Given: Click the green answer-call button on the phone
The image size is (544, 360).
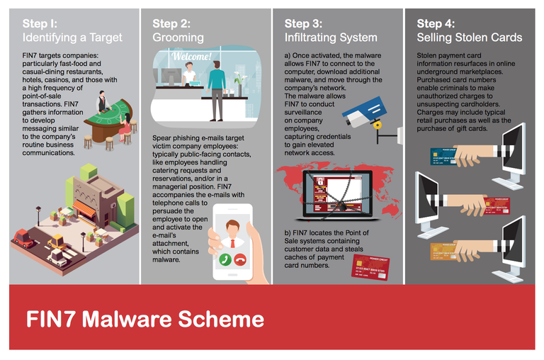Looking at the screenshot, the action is click(x=225, y=259).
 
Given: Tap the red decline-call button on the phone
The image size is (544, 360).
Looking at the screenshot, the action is click(x=240, y=259).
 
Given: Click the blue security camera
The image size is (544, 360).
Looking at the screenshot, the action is click(x=364, y=112).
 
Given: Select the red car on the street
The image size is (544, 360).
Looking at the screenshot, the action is click(x=23, y=238).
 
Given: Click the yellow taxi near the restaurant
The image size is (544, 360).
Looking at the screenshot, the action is click(x=57, y=242).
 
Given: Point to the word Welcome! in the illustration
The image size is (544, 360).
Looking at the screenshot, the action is click(x=191, y=56).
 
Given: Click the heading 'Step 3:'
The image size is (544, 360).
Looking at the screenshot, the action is click(x=303, y=23).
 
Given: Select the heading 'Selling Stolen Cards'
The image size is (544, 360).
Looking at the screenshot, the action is click(x=470, y=38).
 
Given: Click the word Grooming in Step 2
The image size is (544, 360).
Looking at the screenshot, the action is click(x=178, y=38).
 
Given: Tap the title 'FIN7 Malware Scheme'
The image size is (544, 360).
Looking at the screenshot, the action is click(x=145, y=319).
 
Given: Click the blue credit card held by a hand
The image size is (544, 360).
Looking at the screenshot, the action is click(x=444, y=156).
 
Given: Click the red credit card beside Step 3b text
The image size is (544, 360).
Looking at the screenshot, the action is click(x=370, y=267).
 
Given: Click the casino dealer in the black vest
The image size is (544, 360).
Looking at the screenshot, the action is click(x=102, y=101).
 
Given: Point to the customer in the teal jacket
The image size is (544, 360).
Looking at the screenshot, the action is click(x=217, y=91).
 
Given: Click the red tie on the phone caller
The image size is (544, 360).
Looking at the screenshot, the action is click(x=232, y=243).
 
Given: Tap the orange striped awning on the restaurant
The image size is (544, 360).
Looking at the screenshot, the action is click(x=84, y=208).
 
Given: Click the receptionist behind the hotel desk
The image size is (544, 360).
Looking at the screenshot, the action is click(x=188, y=74).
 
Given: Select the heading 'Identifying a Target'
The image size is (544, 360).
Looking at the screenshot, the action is click(x=72, y=38).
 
